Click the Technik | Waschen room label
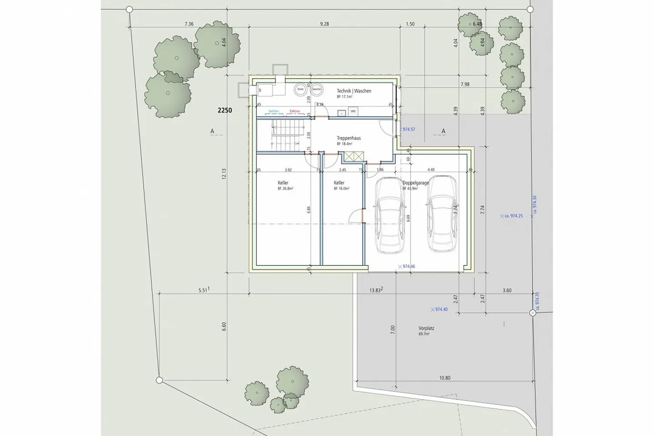coord(354,91)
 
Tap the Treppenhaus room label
coord(349,138)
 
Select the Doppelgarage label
coord(416,183)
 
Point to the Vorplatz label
coord(426,328)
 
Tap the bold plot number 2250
coord(225,110)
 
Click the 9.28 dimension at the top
coord(324,24)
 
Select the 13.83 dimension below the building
coord(375,290)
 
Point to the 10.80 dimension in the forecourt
coord(445,378)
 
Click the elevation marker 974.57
coord(408,130)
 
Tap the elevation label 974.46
coord(408,266)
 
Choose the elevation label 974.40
coord(441,310)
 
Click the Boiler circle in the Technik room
coord(300,90)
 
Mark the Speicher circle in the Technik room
coord(317,90)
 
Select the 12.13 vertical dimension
coord(224,174)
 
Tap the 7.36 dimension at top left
coord(189,24)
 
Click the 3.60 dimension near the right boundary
coord(507,291)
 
